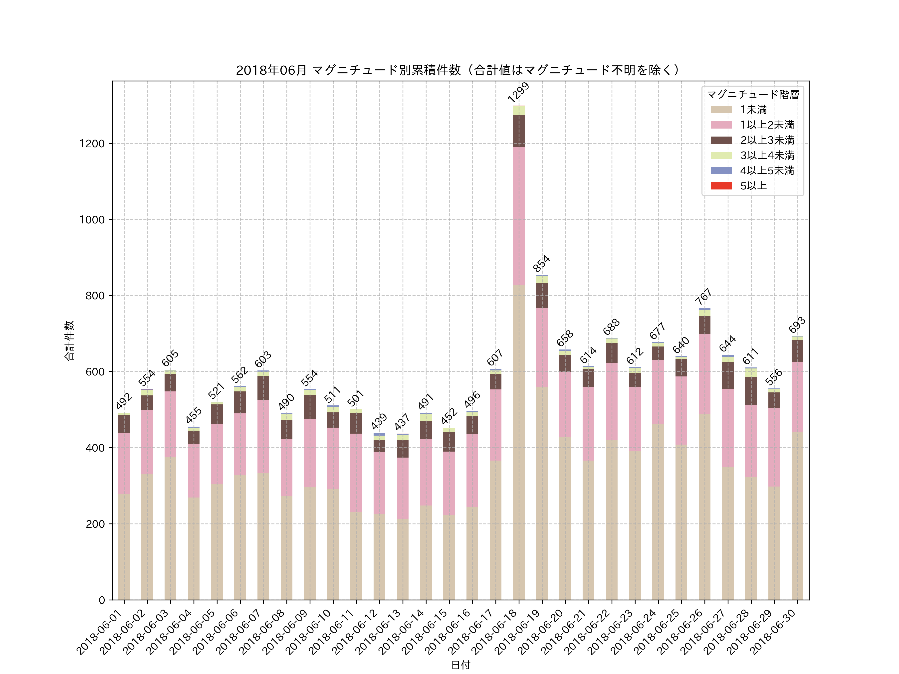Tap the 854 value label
[x=541, y=263]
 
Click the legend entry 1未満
[x=753, y=110]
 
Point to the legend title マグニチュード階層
[x=753, y=95]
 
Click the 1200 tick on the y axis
[x=92, y=144]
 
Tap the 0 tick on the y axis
[x=102, y=600]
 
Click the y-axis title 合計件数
[x=69, y=340]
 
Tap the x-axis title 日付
[x=460, y=665]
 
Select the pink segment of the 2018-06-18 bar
[x=519, y=215]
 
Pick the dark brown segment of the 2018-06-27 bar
[x=727, y=375]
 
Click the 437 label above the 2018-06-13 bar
[x=402, y=423]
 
